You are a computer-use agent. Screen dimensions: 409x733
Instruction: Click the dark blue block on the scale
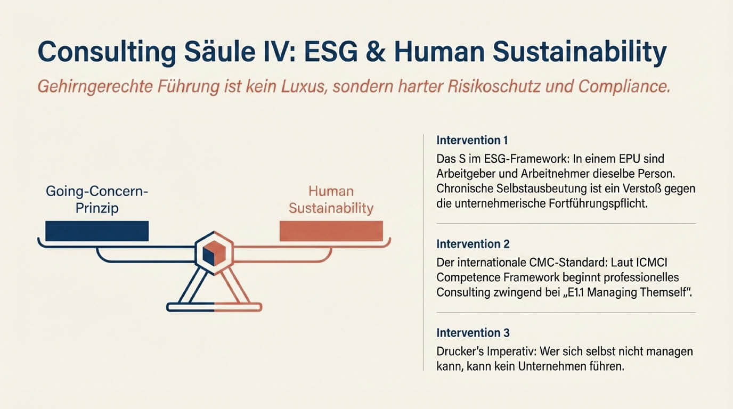pyautogui.click(x=97, y=231)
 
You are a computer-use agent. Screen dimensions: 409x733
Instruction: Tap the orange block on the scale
pyautogui.click(x=331, y=231)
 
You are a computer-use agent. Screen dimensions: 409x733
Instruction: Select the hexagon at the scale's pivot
pyautogui.click(x=213, y=252)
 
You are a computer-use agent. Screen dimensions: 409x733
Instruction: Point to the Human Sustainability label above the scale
pyautogui.click(x=331, y=199)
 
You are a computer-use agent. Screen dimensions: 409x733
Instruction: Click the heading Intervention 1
pyautogui.click(x=472, y=141)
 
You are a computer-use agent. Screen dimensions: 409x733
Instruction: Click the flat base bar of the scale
pyautogui.click(x=214, y=307)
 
